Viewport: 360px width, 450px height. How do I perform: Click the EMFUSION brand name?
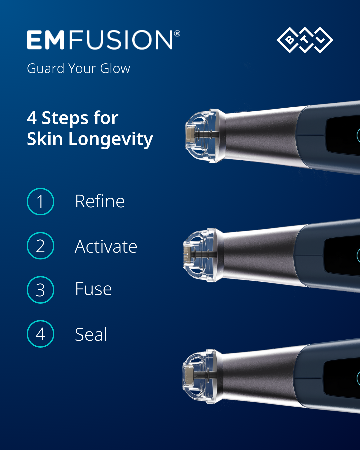tap(100, 40)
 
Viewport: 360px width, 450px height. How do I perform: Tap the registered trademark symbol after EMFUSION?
tap(177, 33)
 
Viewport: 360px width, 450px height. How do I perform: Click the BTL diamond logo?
tap(305, 40)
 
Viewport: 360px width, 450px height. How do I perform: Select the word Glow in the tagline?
tap(115, 69)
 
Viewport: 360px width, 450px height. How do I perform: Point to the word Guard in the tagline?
tap(45, 69)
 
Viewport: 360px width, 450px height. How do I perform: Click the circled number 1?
tap(40, 202)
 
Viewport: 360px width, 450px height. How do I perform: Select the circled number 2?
tap(40, 246)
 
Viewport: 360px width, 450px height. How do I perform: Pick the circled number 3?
tap(40, 290)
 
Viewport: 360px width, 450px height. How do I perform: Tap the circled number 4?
tap(40, 334)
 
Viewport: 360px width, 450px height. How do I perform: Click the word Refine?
tap(100, 201)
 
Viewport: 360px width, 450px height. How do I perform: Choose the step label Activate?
tap(106, 247)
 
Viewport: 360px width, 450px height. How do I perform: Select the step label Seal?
tap(91, 334)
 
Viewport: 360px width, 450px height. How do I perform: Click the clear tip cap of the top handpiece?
tap(205, 136)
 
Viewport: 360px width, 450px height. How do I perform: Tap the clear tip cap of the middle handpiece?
tap(203, 255)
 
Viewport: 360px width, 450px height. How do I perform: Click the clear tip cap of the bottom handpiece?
tap(202, 376)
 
